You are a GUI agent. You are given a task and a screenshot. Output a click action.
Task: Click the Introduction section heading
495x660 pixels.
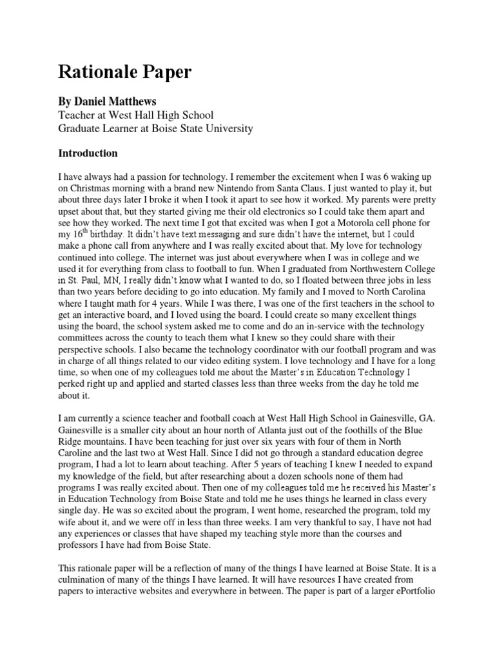pos(88,153)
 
